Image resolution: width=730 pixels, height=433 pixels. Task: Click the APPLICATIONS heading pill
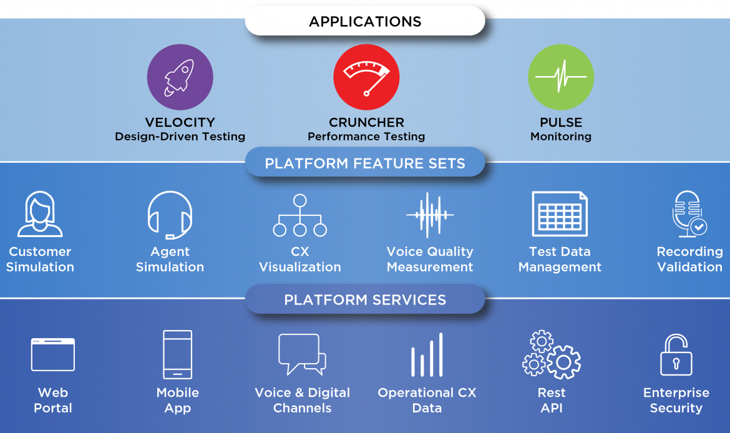pyautogui.click(x=365, y=22)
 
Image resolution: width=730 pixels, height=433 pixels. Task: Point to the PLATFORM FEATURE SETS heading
pyautogui.click(x=365, y=163)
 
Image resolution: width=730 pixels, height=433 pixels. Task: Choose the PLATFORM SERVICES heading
pyautogui.click(x=365, y=299)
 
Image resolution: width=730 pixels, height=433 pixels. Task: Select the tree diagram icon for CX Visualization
pyautogui.click(x=300, y=215)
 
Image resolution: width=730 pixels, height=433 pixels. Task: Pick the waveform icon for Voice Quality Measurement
pyautogui.click(x=429, y=215)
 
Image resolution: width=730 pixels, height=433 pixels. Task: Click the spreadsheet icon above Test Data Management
pyautogui.click(x=560, y=214)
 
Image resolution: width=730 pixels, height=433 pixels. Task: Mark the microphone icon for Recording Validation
pyautogui.click(x=688, y=214)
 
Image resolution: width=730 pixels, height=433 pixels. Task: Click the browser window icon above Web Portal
pyautogui.click(x=53, y=354)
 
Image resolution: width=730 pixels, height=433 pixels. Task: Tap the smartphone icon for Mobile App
pyautogui.click(x=177, y=354)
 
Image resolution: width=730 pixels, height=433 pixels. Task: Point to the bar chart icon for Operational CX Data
pyautogui.click(x=427, y=355)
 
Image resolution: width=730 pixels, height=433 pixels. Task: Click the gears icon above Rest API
pyautogui.click(x=552, y=354)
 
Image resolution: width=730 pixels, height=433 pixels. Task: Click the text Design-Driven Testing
pyautogui.click(x=180, y=137)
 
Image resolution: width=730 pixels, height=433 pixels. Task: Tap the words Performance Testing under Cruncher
pyautogui.click(x=366, y=137)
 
